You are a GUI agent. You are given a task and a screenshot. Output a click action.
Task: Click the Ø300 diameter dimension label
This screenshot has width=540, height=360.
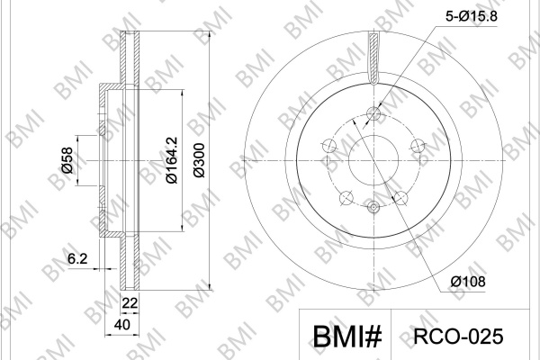pos(199,160)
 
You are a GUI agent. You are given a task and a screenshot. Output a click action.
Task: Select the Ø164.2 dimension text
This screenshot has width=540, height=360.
pos(172,160)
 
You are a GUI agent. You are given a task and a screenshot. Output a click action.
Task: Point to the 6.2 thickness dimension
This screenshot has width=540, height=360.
pos(77,258)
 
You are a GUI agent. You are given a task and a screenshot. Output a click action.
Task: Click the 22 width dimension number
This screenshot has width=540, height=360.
pos(130,303)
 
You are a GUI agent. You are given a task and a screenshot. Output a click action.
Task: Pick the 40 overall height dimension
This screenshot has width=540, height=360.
pos(121,325)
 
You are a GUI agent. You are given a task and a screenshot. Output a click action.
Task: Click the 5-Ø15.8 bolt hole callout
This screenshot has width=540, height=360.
pos(472,16)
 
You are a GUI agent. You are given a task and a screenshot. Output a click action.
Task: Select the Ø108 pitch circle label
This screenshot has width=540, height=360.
pos(468,282)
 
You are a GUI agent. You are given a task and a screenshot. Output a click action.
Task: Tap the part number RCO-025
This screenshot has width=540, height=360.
pos(458,337)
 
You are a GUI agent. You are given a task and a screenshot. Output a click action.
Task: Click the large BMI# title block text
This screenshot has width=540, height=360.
pos(347,337)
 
